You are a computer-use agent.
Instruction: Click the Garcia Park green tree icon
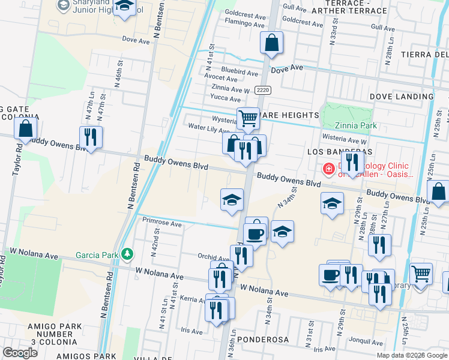[x=127, y=254]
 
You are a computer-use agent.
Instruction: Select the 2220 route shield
[x=262, y=90]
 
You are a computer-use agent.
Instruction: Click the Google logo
[x=20, y=352]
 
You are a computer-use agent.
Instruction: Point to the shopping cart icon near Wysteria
[x=248, y=118]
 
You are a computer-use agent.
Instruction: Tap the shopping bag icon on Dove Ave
[x=271, y=43]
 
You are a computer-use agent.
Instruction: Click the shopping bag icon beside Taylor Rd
[x=26, y=128]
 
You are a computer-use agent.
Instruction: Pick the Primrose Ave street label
[x=162, y=224]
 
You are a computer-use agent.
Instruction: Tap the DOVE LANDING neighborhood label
[x=397, y=96]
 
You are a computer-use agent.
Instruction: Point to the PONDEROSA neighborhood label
[x=263, y=340]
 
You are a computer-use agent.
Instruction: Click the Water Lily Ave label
[x=208, y=129]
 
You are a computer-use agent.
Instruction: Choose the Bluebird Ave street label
[x=240, y=71]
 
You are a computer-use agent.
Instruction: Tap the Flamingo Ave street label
[x=244, y=24]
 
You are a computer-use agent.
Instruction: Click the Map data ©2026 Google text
[x=412, y=355]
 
